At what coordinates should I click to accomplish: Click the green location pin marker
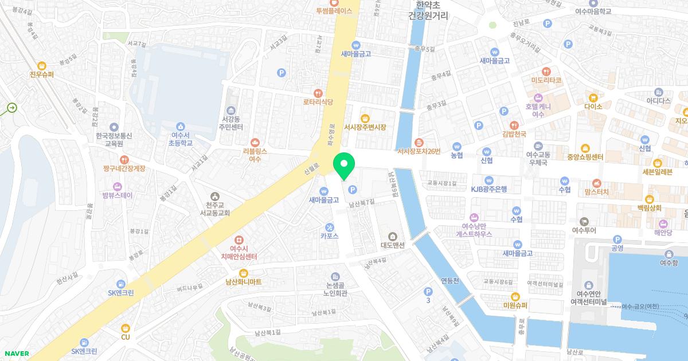pos(344,166)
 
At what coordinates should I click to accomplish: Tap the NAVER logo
pos(15,354)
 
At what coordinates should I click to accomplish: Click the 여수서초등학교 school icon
pos(181,126)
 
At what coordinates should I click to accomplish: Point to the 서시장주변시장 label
pos(365,127)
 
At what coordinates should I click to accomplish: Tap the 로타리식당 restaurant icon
pos(318,93)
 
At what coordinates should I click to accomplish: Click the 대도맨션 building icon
pos(393,236)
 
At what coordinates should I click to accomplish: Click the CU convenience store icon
pos(126,328)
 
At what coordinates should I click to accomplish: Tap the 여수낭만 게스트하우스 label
pos(474,230)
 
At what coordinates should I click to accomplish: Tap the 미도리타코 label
pos(546,80)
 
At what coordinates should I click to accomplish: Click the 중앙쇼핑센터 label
pos(584,158)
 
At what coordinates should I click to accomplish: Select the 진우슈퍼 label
pos(41,74)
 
